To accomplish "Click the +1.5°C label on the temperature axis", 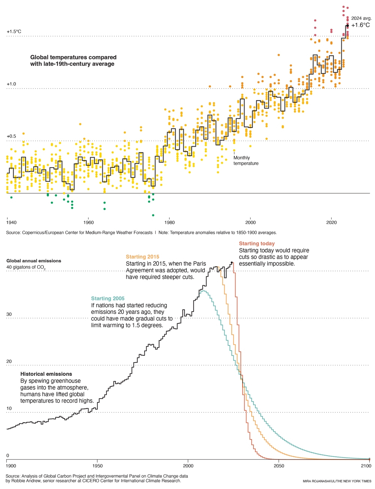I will [14, 32].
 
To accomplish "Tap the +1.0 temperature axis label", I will [11, 84].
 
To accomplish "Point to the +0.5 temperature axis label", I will [11, 136].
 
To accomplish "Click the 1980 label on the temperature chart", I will [169, 222].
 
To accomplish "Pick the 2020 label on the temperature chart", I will [331, 222].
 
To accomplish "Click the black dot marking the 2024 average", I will [347, 25].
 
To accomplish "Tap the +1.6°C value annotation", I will [360, 25].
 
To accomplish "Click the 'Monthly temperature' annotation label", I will [246, 160].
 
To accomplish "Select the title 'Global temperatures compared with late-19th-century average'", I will [73, 60].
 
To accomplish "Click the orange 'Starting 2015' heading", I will [142, 257].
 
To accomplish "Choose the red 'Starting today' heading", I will [257, 244].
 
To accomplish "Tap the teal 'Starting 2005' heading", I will [108, 298].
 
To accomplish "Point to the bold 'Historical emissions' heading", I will [46, 374].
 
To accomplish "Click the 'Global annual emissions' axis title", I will [34, 261].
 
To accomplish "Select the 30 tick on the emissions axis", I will [9, 314].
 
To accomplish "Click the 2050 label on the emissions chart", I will [279, 466].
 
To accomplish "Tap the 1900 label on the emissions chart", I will [11, 466].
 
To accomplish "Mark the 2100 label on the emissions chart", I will [366, 466].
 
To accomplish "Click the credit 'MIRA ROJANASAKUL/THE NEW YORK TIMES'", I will [337, 481].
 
